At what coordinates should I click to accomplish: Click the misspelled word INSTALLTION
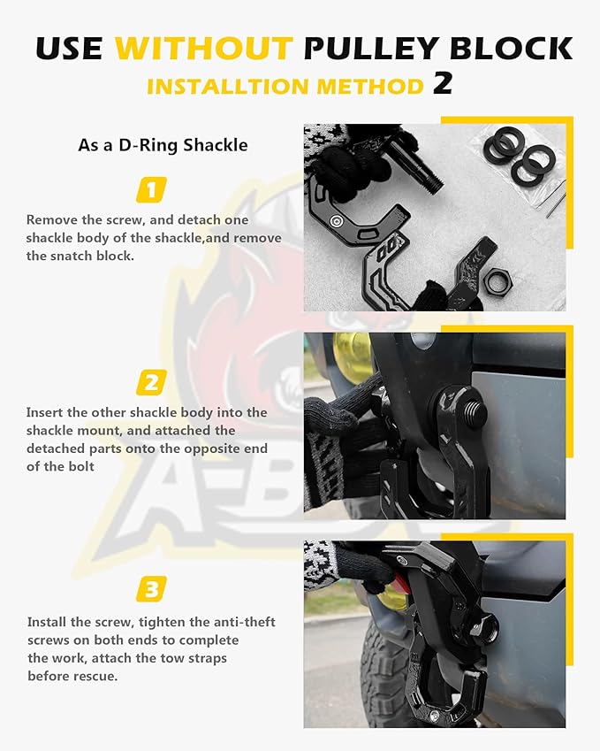point(232,87)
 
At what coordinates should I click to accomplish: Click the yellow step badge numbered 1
point(151,189)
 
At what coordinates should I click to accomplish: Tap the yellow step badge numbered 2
point(151,383)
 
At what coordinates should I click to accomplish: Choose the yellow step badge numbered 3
point(151,587)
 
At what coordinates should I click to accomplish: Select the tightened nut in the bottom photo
point(482,629)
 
